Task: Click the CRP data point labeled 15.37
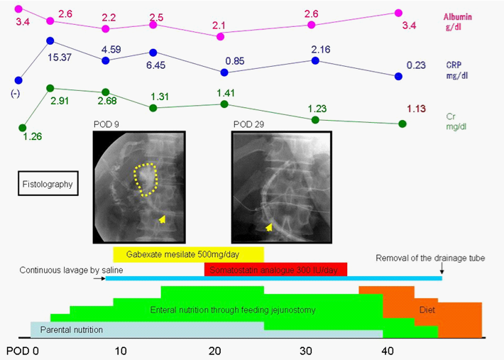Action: coord(50,41)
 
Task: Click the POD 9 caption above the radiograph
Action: coord(106,124)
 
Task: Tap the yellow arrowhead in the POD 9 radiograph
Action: coord(163,219)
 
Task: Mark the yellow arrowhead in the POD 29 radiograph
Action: coord(269,227)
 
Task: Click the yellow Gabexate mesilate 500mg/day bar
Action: coord(188,254)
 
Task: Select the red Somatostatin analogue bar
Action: coord(275,269)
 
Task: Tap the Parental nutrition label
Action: coord(71,330)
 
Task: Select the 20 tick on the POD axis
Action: coord(216,351)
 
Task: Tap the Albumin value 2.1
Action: coord(219,26)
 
